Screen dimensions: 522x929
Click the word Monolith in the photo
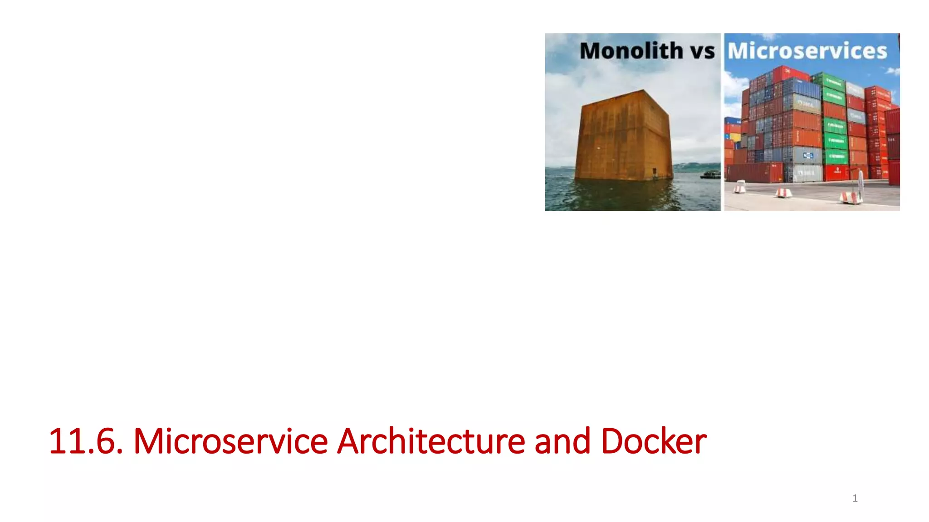(x=631, y=50)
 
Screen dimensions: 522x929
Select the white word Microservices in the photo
(x=807, y=51)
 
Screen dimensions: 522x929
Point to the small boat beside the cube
(x=710, y=174)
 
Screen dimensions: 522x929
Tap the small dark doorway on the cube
(x=655, y=173)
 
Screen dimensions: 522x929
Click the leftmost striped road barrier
(x=740, y=187)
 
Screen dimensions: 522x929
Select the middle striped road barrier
(x=783, y=192)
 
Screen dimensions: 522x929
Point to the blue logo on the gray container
(x=808, y=155)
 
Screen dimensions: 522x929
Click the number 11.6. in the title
(x=85, y=441)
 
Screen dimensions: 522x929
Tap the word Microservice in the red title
(x=230, y=441)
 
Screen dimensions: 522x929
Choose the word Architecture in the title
(x=431, y=441)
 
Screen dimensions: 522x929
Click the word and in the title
(x=562, y=441)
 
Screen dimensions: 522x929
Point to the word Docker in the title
(x=654, y=441)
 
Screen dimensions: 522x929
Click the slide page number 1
(x=855, y=498)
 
